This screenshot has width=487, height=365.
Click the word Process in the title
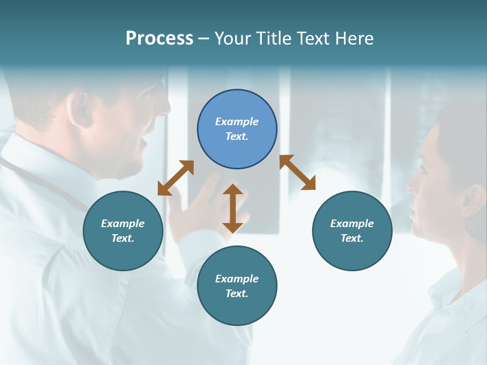coord(159,39)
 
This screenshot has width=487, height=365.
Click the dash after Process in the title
coord(203,39)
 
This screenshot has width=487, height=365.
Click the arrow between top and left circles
coord(176,178)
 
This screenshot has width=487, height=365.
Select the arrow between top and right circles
coord(297,172)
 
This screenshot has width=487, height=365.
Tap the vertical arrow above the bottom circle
coord(233,208)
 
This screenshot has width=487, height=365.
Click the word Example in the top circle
coord(237,122)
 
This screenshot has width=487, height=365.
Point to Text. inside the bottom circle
coord(237,294)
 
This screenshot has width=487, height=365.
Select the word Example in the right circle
coord(352,224)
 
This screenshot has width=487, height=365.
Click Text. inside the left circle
coord(123,238)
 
